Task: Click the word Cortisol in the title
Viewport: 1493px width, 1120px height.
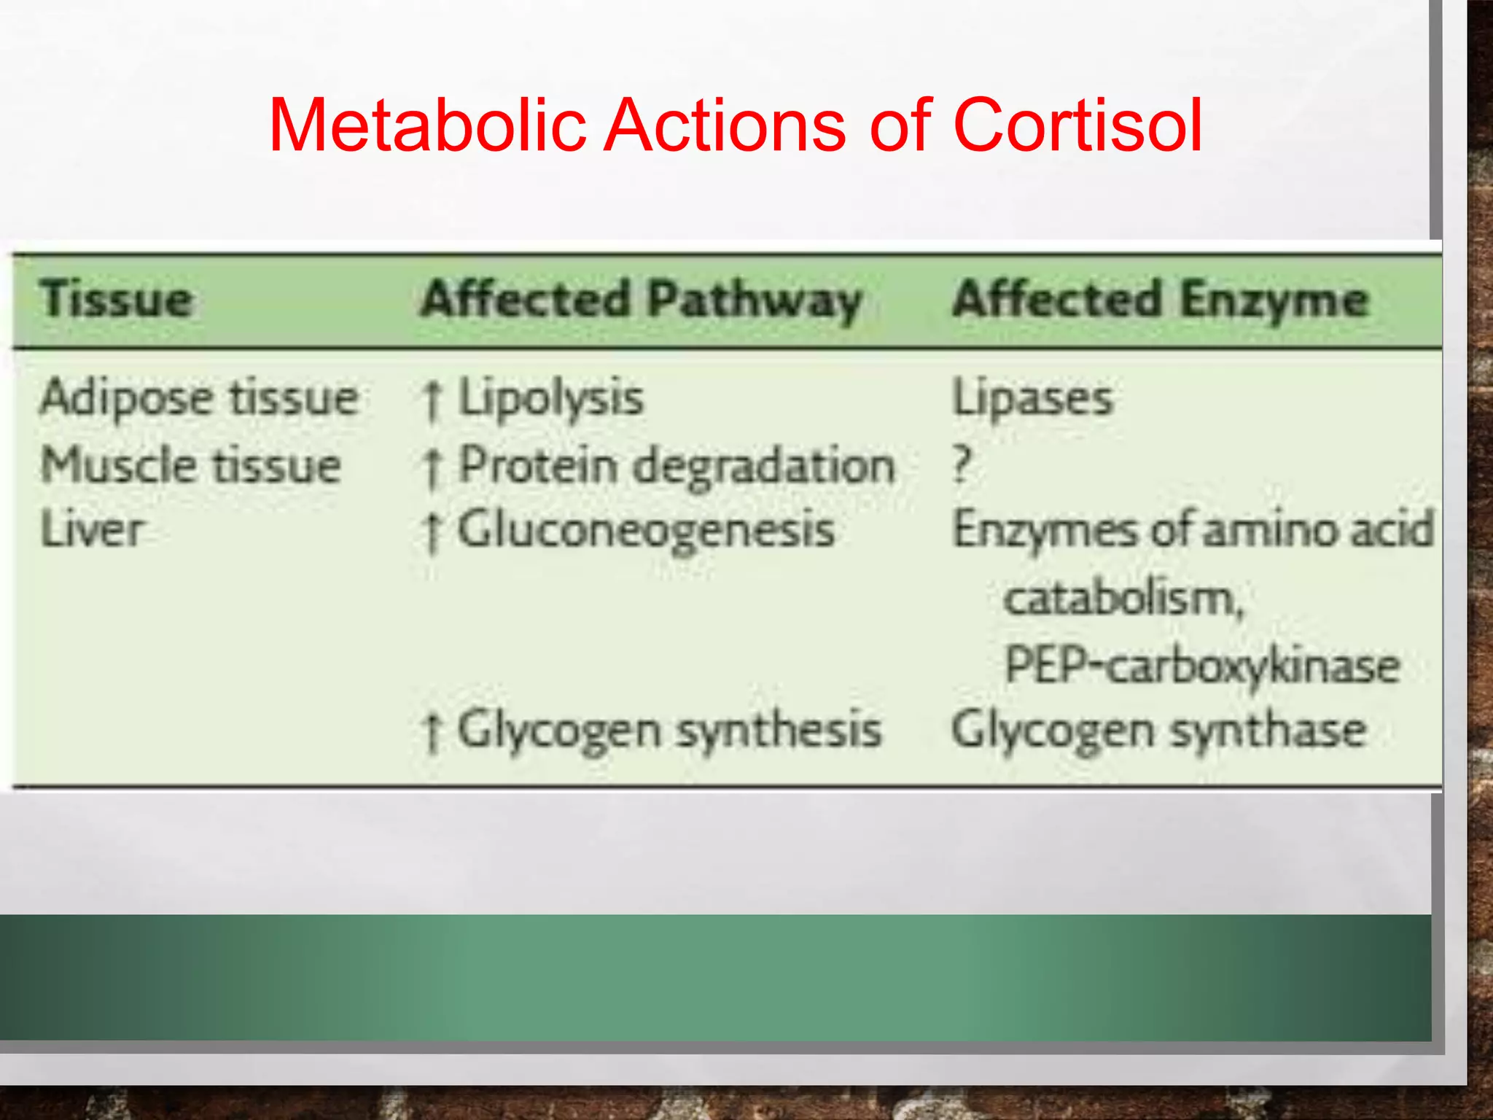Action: pyautogui.click(x=1077, y=125)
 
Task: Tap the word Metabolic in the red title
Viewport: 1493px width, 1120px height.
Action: pyautogui.click(x=427, y=125)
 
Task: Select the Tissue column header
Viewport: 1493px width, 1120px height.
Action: pyautogui.click(x=117, y=300)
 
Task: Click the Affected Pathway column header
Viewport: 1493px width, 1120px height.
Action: pyautogui.click(x=642, y=300)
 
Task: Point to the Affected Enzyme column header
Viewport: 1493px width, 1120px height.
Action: pyautogui.click(x=1161, y=300)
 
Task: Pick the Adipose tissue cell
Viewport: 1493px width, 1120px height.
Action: pyautogui.click(x=199, y=398)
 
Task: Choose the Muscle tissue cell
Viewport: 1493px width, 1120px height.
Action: pyautogui.click(x=191, y=464)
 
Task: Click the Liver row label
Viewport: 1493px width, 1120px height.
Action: pyautogui.click(x=91, y=529)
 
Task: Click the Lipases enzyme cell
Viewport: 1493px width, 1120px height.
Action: pyautogui.click(x=1033, y=398)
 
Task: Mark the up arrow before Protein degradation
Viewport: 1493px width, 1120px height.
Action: pyautogui.click(x=432, y=467)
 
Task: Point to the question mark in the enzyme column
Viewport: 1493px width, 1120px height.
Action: pyautogui.click(x=962, y=464)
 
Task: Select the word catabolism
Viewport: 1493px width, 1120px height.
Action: pyautogui.click(x=1123, y=599)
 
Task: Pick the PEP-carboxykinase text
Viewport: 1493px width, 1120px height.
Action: pyautogui.click(x=1202, y=665)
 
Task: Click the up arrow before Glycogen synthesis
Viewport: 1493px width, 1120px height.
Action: pyautogui.click(x=432, y=732)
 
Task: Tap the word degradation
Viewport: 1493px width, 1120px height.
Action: pyautogui.click(x=764, y=465)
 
